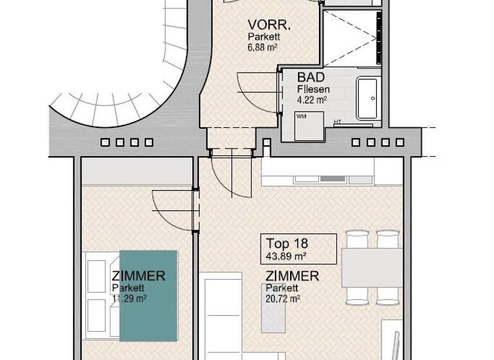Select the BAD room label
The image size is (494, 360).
click(310, 76)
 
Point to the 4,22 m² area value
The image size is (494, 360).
click(312, 99)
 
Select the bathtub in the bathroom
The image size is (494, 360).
click(369, 98)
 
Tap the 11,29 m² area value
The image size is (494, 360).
click(129, 298)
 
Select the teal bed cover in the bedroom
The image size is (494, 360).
click(148, 295)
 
